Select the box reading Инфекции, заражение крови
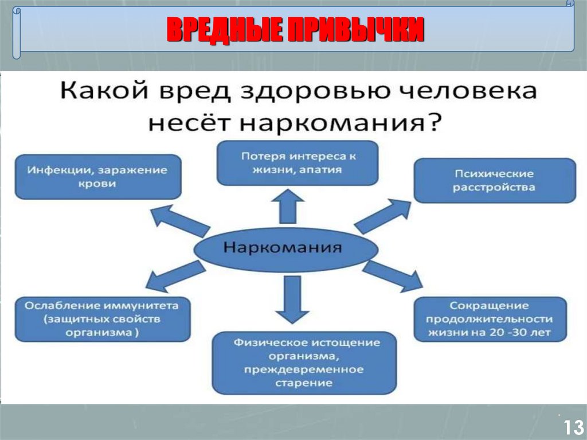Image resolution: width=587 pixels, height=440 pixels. [x=98, y=177]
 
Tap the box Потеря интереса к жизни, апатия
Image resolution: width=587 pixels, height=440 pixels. [x=298, y=162]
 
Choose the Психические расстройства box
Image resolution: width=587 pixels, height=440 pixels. [x=494, y=180]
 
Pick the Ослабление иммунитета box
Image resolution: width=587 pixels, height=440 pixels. [x=103, y=319]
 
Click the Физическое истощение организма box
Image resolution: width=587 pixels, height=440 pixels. [x=304, y=363]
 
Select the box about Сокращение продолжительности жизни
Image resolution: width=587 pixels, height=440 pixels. [x=491, y=319]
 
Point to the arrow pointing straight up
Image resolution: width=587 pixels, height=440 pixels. [x=288, y=207]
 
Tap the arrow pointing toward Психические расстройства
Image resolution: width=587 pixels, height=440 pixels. [x=383, y=215]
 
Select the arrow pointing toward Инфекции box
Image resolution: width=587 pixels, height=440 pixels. [x=179, y=221]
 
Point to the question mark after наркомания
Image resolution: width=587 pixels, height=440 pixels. [x=434, y=122]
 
